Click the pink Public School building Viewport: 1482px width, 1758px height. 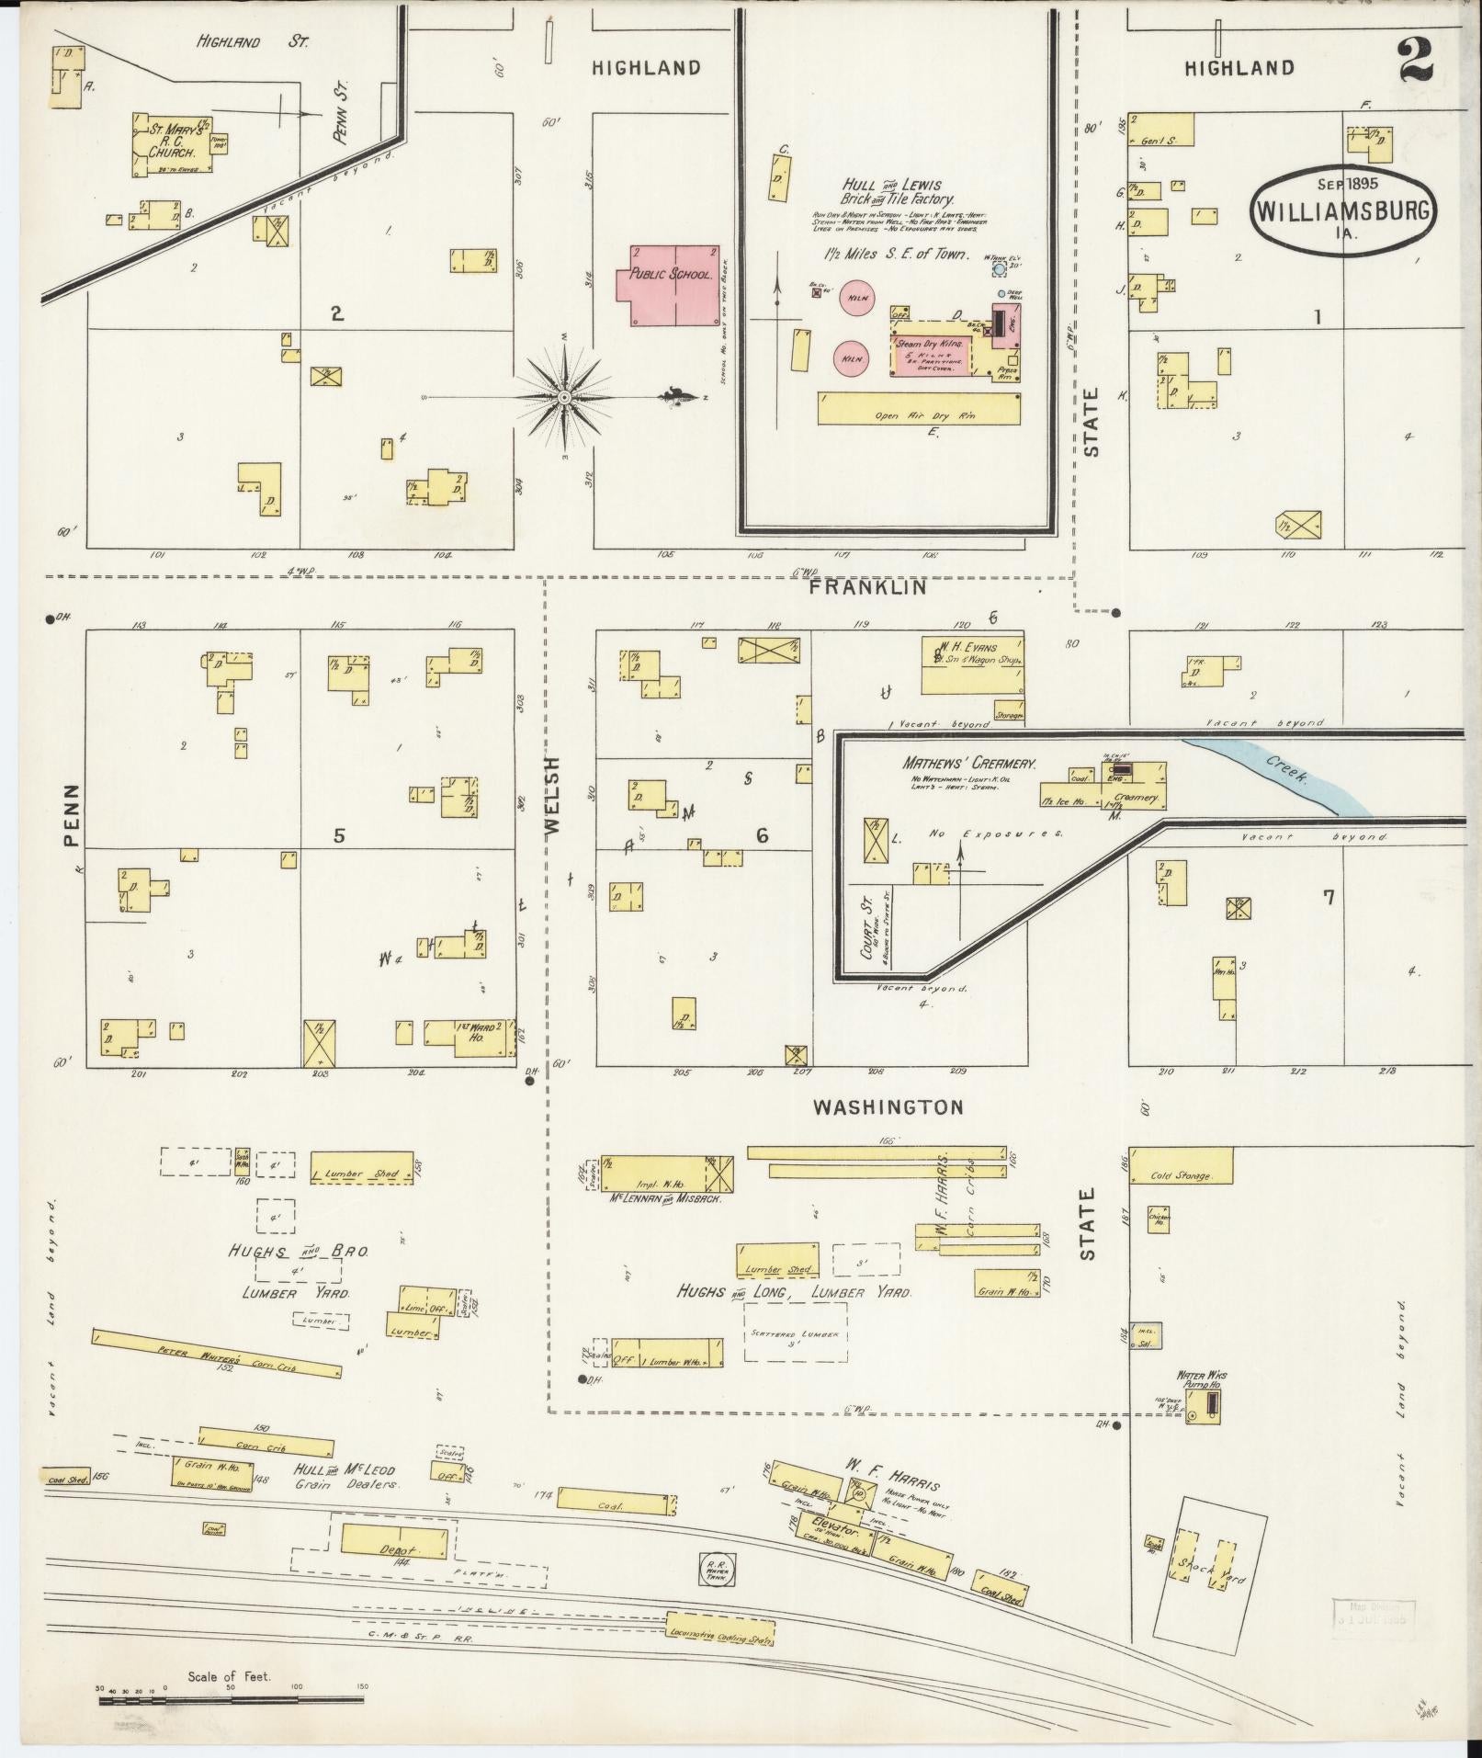pos(667,284)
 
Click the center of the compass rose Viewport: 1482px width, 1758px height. pos(564,397)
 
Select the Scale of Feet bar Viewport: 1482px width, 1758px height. pos(230,1700)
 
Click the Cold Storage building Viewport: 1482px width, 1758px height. pos(1180,1164)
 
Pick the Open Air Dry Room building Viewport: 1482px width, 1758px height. pos(920,408)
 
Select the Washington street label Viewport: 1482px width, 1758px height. pos(888,1107)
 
